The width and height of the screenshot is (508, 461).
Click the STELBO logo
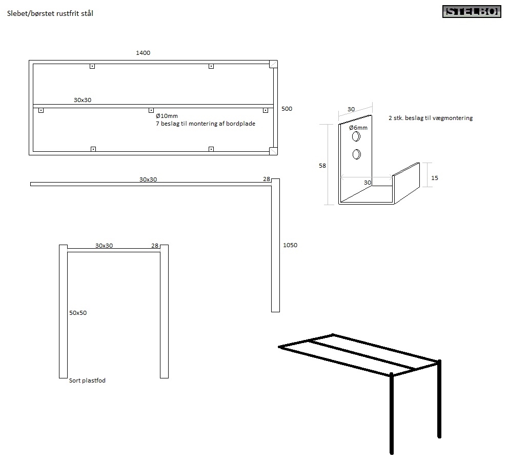(x=472, y=12)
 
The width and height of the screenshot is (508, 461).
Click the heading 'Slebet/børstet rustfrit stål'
(x=50, y=13)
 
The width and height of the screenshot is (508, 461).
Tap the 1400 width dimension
(x=143, y=52)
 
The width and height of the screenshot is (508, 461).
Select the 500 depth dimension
(x=287, y=109)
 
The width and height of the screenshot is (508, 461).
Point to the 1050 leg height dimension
(x=290, y=245)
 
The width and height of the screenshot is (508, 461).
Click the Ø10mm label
(x=167, y=116)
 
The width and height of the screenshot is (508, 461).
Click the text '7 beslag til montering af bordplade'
(x=206, y=124)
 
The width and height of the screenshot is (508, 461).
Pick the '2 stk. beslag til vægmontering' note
(x=431, y=118)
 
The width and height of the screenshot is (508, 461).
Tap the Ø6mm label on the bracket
(x=358, y=128)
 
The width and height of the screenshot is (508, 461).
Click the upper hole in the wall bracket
(x=356, y=136)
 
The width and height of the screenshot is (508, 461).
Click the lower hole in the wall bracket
(x=357, y=154)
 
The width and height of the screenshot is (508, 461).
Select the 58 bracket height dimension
(x=322, y=166)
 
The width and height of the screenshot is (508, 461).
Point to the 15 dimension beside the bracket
(x=435, y=178)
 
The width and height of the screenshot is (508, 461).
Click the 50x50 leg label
(x=78, y=313)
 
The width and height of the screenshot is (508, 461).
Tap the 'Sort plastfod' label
(x=87, y=380)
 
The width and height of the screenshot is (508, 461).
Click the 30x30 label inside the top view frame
(x=83, y=100)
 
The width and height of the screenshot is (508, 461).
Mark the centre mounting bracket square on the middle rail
(x=151, y=111)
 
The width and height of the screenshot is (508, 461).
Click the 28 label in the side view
(x=267, y=179)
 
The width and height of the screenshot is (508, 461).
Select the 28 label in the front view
(x=155, y=246)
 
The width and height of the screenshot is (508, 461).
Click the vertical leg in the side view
(x=275, y=246)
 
